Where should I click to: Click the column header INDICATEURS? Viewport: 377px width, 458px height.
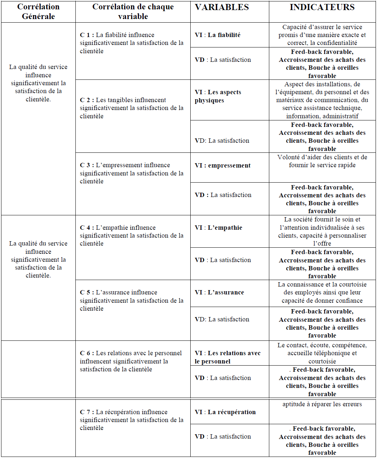click(x=322, y=7)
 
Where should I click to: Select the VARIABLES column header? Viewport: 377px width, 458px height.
click(x=222, y=7)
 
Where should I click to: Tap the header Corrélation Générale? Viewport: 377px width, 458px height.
click(x=38, y=12)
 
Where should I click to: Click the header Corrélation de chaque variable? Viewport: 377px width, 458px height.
click(x=133, y=12)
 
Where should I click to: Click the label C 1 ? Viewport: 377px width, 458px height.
click(x=87, y=35)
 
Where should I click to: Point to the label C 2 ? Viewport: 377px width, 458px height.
click(x=87, y=100)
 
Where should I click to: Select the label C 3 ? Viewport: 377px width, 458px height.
click(x=87, y=165)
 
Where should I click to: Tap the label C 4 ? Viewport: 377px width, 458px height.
click(x=87, y=228)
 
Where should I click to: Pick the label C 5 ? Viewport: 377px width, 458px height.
click(x=87, y=292)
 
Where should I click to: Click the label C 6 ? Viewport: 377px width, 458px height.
click(x=87, y=353)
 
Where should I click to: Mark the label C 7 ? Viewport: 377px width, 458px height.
click(x=87, y=412)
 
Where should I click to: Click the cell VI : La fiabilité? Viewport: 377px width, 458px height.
click(x=218, y=35)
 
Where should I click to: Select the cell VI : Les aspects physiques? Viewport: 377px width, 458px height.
click(x=218, y=96)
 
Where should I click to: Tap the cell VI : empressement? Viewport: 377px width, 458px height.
click(x=223, y=165)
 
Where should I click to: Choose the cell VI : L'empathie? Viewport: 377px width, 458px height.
click(x=218, y=228)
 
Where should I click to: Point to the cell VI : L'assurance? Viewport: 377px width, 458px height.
click(x=219, y=292)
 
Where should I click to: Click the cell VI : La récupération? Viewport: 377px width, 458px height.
click(x=225, y=412)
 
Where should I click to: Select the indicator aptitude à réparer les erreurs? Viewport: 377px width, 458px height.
click(x=322, y=404)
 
